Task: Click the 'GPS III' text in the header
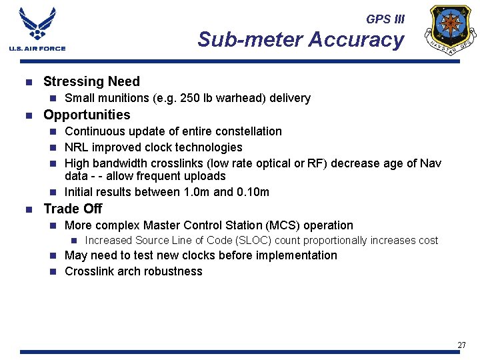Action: click(x=385, y=19)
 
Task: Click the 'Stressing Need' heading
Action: click(x=91, y=82)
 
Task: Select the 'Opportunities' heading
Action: click(x=87, y=115)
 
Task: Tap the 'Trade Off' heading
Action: click(x=73, y=209)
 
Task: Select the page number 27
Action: click(x=461, y=345)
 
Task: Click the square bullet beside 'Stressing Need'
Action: click(x=28, y=83)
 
